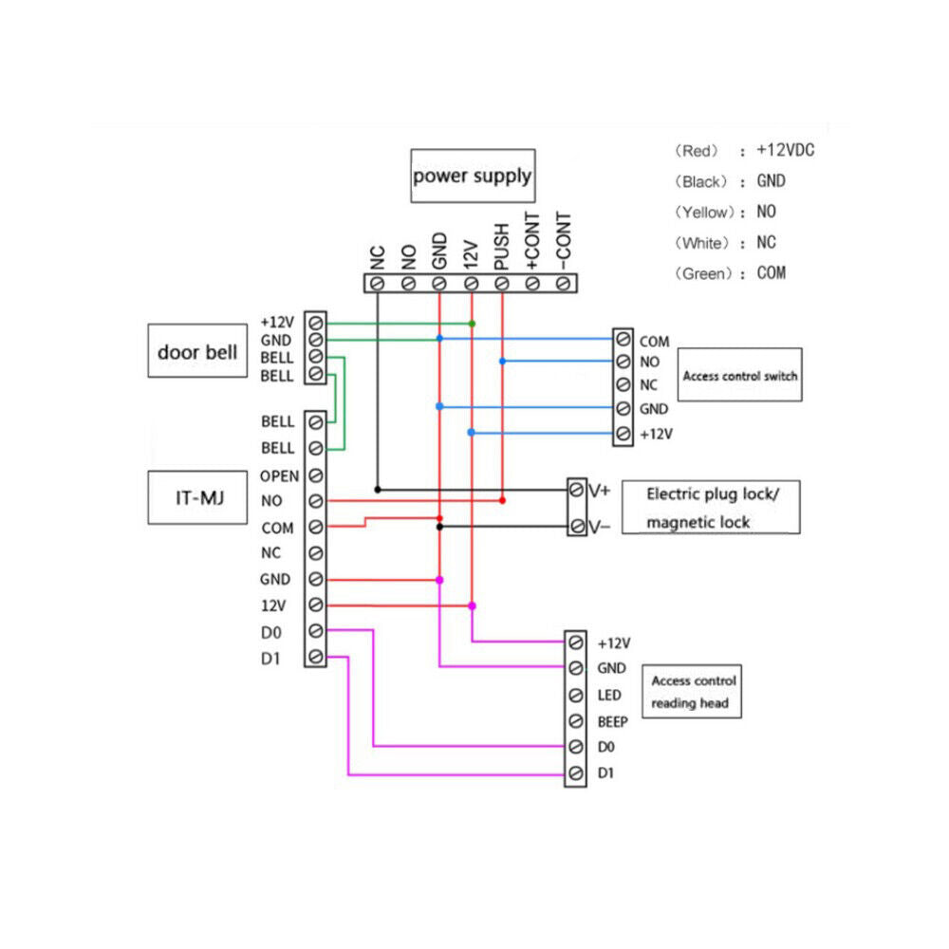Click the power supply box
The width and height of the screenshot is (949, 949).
[x=472, y=176]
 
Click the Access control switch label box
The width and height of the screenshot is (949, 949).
[x=739, y=375]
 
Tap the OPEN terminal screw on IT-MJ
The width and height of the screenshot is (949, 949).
[x=315, y=475]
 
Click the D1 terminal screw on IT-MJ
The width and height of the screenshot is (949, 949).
[x=315, y=657]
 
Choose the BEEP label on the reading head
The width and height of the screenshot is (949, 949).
[x=612, y=722]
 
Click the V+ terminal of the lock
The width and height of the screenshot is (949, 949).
[x=576, y=491]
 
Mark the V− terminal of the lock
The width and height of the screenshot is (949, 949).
[x=576, y=526]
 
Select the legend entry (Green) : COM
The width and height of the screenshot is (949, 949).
[x=730, y=273]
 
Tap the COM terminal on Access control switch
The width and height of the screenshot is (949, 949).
[x=623, y=340]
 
